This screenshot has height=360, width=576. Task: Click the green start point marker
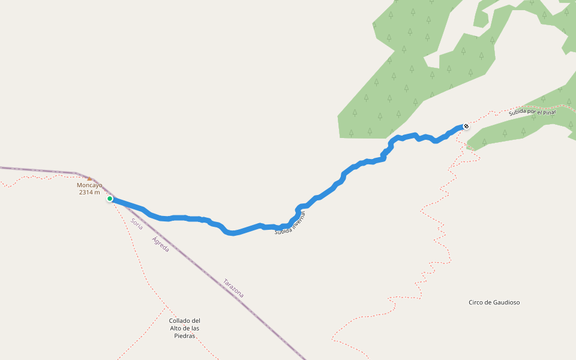110,199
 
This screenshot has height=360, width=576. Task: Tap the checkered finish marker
466,126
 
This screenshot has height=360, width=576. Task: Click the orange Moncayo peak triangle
89,178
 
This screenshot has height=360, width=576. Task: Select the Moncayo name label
89,185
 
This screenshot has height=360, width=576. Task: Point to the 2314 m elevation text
89,193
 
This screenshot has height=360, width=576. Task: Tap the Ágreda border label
161,244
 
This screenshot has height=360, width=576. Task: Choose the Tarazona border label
233,289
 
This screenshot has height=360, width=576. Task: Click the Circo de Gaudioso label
494,302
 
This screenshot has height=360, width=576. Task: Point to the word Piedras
184,336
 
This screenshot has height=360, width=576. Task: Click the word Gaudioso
506,302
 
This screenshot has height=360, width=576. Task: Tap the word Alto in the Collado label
176,328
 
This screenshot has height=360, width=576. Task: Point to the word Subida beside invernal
283,230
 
